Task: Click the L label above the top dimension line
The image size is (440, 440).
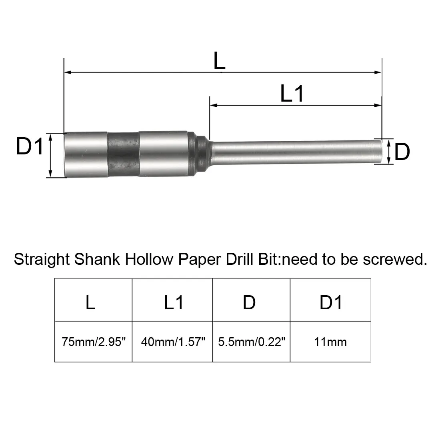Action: point(219,61)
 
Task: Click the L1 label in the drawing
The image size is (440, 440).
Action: point(292,94)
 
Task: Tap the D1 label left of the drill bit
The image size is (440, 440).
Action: point(29,146)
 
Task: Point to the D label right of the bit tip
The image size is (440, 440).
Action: point(402,152)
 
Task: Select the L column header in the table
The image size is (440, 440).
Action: point(90,302)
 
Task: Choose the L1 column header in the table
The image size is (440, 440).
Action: point(174,302)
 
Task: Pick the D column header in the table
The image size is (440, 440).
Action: point(249,302)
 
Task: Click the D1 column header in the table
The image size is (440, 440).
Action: point(331,302)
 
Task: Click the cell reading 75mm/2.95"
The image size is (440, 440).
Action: point(94,342)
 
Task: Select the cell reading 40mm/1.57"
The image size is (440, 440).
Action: point(173,342)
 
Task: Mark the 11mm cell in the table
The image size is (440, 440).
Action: point(330,342)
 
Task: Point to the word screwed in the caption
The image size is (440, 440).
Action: point(392,259)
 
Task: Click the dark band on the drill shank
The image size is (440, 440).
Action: point(123,154)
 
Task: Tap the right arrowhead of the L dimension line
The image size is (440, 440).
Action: point(378,72)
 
